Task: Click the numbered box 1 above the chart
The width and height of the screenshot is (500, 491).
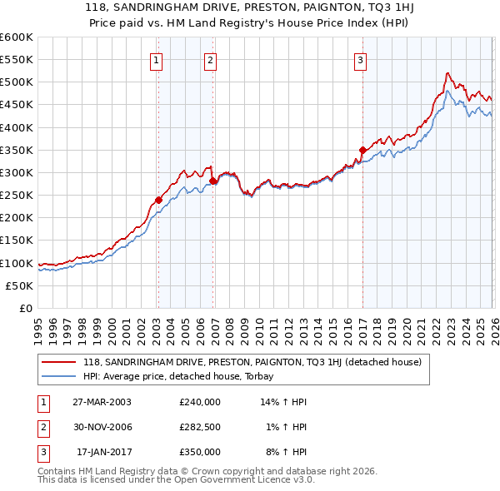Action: (157, 60)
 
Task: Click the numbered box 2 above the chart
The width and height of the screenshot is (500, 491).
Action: (211, 60)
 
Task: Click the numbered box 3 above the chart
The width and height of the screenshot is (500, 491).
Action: (360, 60)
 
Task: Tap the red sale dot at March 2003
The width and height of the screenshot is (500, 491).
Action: (158, 200)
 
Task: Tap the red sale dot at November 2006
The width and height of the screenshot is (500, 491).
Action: (212, 181)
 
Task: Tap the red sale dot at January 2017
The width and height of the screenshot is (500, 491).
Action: (362, 150)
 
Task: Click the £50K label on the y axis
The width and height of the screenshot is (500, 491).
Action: (19, 285)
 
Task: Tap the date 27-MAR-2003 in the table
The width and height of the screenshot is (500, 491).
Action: (102, 401)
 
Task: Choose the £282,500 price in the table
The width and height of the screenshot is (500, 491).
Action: (200, 427)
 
